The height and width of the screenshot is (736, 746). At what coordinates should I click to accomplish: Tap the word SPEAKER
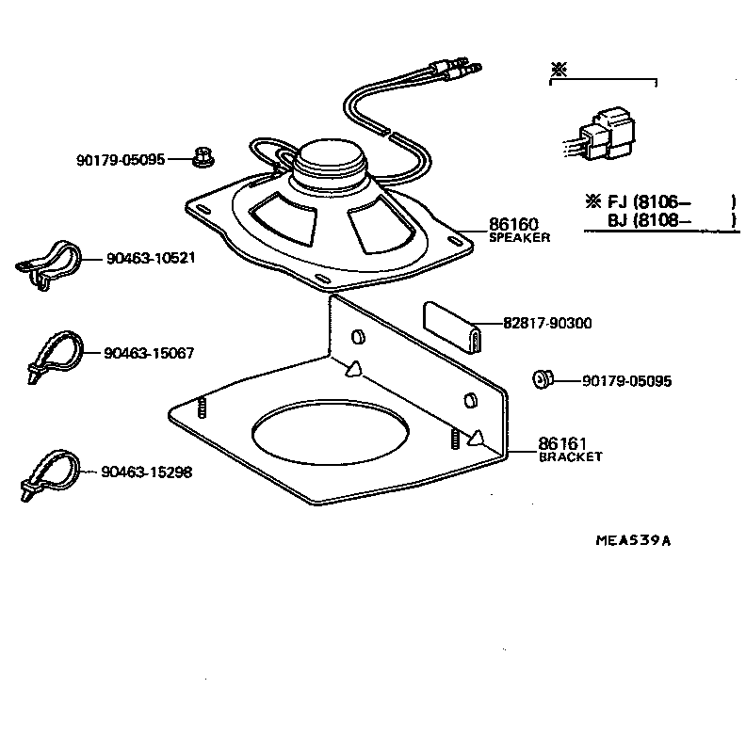click(518, 238)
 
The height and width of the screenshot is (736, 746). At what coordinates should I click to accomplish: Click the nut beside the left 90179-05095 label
click(200, 157)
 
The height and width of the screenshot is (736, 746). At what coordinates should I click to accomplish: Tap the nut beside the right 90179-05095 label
click(542, 380)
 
